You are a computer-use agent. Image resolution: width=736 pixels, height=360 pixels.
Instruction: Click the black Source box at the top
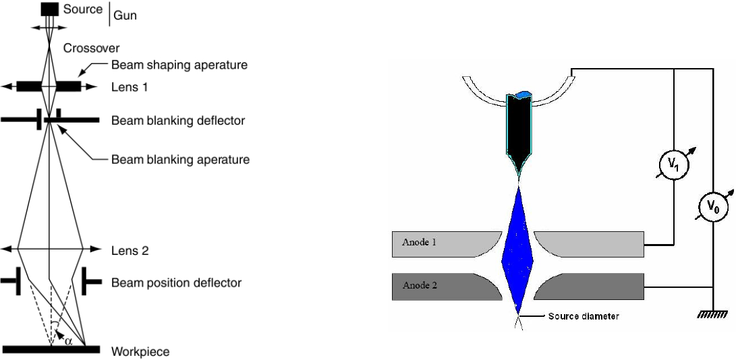click(49, 9)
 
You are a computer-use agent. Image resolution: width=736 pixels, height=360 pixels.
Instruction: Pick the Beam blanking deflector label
click(178, 121)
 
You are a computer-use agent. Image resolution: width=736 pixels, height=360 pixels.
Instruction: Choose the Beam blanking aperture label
click(181, 160)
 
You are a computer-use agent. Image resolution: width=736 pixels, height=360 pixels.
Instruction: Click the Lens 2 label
click(130, 250)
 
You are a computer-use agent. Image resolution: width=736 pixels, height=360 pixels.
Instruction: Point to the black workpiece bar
click(51, 350)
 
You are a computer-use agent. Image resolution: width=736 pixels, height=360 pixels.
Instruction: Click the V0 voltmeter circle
click(712, 210)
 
